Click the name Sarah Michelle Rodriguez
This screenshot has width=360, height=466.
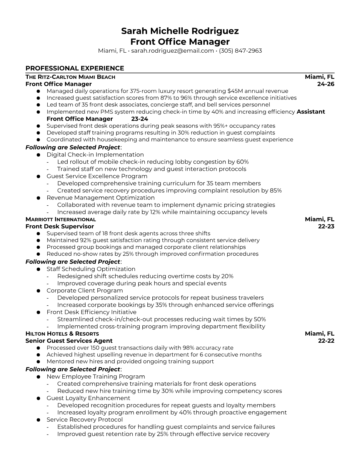click(x=180, y=31)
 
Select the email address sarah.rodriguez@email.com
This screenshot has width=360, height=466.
click(x=172, y=51)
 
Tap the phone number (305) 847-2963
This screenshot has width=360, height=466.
click(x=240, y=51)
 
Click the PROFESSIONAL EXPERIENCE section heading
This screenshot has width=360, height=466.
click(x=75, y=68)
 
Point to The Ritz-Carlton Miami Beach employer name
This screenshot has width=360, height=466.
click(x=70, y=77)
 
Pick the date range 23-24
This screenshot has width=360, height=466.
click(x=139, y=119)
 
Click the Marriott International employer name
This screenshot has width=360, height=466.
click(x=61, y=219)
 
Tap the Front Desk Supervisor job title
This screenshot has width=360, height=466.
click(x=60, y=227)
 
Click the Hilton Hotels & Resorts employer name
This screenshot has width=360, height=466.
click(x=62, y=334)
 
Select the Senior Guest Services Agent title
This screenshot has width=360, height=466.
click(x=69, y=341)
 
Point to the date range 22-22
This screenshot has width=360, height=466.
click(x=326, y=341)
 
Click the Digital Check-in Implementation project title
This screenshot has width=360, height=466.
click(x=95, y=155)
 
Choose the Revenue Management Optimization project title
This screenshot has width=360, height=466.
click(x=101, y=198)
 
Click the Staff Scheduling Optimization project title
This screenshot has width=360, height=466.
click(x=91, y=269)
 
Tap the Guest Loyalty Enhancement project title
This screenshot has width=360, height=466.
click(x=88, y=398)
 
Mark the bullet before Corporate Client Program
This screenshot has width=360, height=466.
click(x=38, y=291)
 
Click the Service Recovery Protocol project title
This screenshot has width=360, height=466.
click(x=85, y=420)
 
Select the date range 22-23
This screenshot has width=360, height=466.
click(x=326, y=227)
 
